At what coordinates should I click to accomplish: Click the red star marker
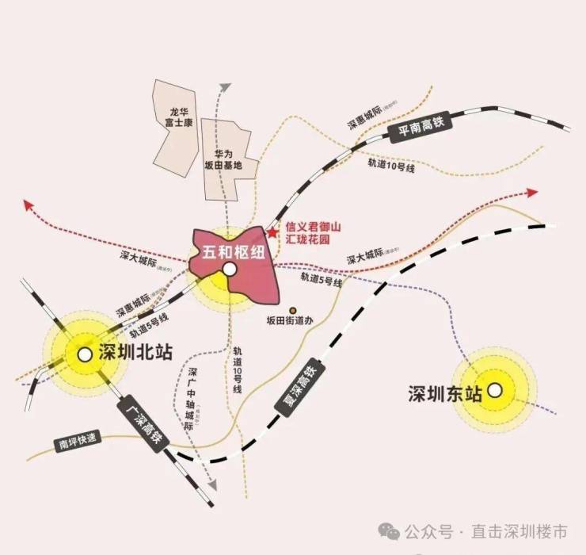(x=272, y=232)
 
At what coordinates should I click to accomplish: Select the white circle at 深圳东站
(x=495, y=390)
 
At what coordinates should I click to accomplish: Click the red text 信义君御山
(x=313, y=228)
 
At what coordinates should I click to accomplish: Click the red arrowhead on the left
(x=29, y=205)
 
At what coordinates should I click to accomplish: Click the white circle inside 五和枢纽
(x=229, y=270)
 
